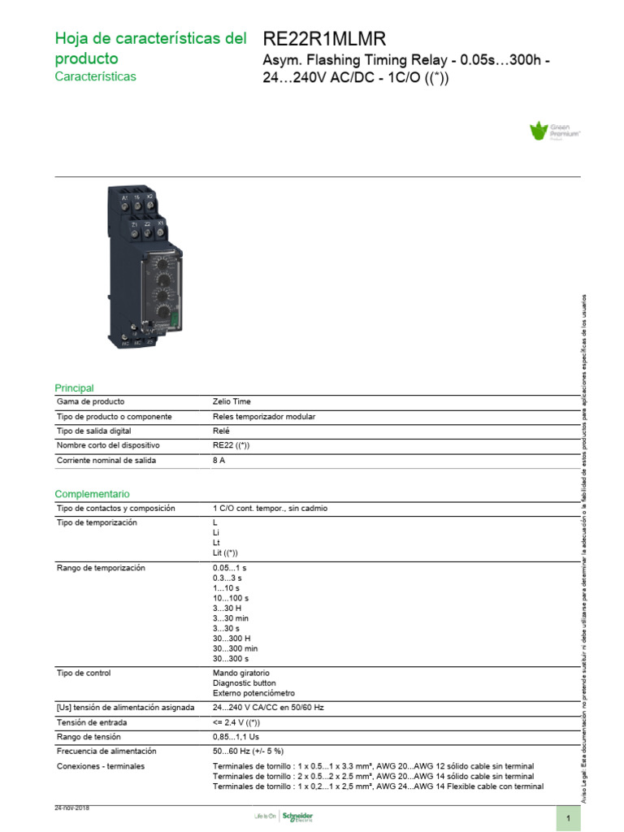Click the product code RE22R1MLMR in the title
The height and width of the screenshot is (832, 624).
pyautogui.click(x=324, y=39)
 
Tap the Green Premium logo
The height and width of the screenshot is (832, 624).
pyautogui.click(x=558, y=132)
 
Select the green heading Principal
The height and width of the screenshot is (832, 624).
pyautogui.click(x=74, y=388)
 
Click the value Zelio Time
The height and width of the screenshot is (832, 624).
pyautogui.click(x=232, y=401)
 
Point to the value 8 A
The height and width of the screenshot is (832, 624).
pyautogui.click(x=219, y=460)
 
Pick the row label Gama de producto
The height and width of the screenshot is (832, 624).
pyautogui.click(x=90, y=401)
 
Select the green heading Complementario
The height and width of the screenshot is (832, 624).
pyautogui.click(x=92, y=494)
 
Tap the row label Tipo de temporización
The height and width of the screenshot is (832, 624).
pyautogui.click(x=97, y=522)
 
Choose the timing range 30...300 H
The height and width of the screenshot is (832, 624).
pyautogui.click(x=232, y=638)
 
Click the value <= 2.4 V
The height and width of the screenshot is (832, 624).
pyautogui.click(x=236, y=721)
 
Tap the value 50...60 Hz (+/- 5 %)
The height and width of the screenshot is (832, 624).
pyautogui.click(x=248, y=751)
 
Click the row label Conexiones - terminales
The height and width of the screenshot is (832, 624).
pyautogui.click(x=100, y=766)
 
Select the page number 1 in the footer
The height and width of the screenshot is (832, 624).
pyautogui.click(x=569, y=817)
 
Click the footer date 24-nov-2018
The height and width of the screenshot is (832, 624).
pyautogui.click(x=71, y=808)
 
